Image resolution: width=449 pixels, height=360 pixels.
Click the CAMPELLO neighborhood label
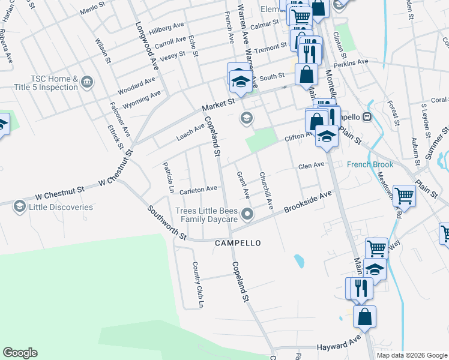click(x=238, y=243)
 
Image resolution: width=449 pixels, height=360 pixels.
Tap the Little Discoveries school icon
click(x=20, y=207)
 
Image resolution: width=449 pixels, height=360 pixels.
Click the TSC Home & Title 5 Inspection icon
click(x=86, y=81)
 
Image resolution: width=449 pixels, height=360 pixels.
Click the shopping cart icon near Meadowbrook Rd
click(x=405, y=196)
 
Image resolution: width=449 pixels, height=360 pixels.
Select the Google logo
click(x=20, y=353)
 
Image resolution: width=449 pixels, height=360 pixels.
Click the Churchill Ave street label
click(x=266, y=191)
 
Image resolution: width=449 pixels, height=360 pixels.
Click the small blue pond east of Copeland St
click(x=298, y=260)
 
